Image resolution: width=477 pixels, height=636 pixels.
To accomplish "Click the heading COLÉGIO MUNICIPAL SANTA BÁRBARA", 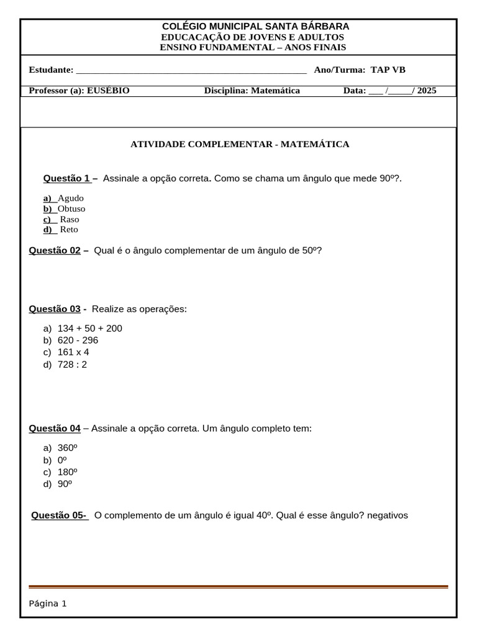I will [x=255, y=26].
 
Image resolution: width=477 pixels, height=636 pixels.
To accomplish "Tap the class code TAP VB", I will [x=388, y=70].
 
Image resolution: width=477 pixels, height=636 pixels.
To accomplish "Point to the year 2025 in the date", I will [x=427, y=91].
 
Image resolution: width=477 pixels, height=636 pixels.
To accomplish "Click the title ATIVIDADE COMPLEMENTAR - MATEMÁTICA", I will [x=240, y=144].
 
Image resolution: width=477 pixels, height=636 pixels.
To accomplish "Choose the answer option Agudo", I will [x=70, y=198].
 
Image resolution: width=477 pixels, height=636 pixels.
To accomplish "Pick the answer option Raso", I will [x=70, y=219].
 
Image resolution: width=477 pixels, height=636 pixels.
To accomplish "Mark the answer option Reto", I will [x=69, y=230].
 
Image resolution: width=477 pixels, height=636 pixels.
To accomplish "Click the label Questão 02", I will [x=55, y=250].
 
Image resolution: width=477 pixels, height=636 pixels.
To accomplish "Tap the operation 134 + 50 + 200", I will [x=89, y=329].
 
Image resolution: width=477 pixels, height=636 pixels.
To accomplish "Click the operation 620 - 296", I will [x=78, y=340].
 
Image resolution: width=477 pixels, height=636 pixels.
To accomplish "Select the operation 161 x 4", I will [x=73, y=352].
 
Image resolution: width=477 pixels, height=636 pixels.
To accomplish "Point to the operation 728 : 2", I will [x=72, y=365].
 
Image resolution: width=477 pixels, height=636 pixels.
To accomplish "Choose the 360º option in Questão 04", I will [x=67, y=448].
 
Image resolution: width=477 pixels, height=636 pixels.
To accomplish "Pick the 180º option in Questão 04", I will [x=67, y=472].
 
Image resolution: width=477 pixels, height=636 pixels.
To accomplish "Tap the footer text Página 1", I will [x=48, y=603].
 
